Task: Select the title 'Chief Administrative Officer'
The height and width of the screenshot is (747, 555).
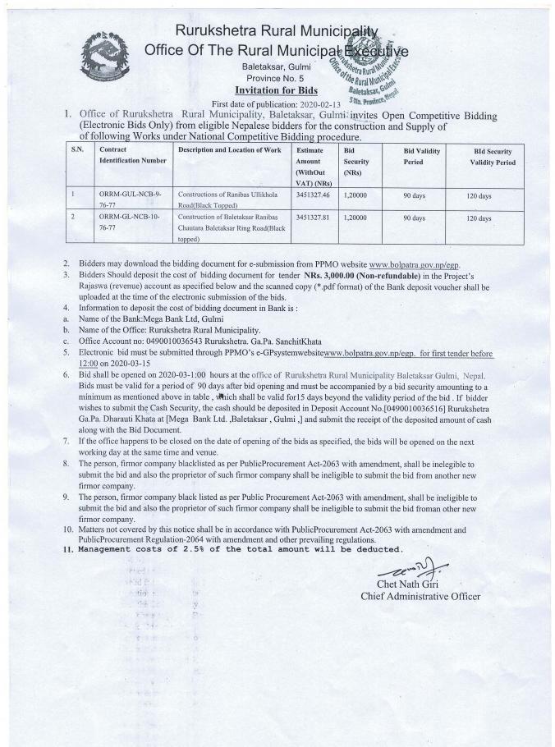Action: click(x=420, y=596)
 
